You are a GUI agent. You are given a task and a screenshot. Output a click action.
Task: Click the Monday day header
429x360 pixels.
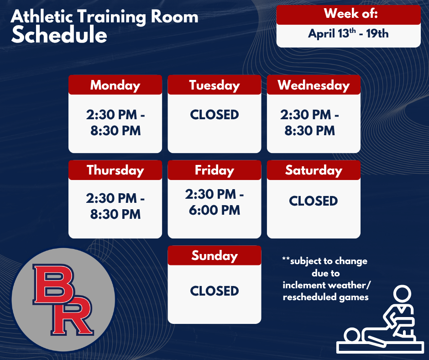click(115, 85)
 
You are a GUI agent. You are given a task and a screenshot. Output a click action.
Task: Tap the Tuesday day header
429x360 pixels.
click(214, 85)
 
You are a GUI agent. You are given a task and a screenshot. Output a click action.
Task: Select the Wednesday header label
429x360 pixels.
click(314, 85)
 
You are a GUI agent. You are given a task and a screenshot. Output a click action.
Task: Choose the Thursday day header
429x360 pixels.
click(115, 170)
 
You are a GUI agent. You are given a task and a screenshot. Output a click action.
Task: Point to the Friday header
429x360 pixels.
click(214, 170)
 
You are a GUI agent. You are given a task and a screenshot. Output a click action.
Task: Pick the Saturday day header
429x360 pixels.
click(314, 170)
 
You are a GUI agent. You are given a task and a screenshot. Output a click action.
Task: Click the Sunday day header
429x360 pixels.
click(214, 255)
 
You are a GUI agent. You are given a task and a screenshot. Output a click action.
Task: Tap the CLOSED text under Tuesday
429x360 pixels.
click(214, 114)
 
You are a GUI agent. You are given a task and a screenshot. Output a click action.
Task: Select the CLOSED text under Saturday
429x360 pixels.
click(314, 201)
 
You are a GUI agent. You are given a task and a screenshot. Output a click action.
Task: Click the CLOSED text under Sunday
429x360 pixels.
click(214, 291)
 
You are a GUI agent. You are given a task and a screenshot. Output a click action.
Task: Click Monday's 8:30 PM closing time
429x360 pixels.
click(115, 131)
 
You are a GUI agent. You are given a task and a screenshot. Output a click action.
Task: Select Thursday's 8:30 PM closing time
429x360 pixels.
click(115, 214)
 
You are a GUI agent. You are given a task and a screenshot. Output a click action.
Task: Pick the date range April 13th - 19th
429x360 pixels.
click(348, 33)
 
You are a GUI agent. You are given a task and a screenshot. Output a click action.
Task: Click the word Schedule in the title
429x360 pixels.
click(59, 35)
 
